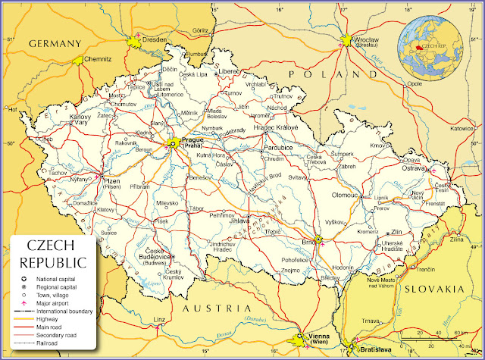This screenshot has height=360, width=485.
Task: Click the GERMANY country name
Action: [x=54, y=44]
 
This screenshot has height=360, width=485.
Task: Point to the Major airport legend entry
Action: [x=47, y=303]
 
